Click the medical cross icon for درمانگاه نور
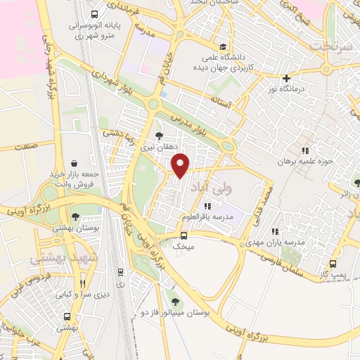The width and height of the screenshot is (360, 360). (x=285, y=78)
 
